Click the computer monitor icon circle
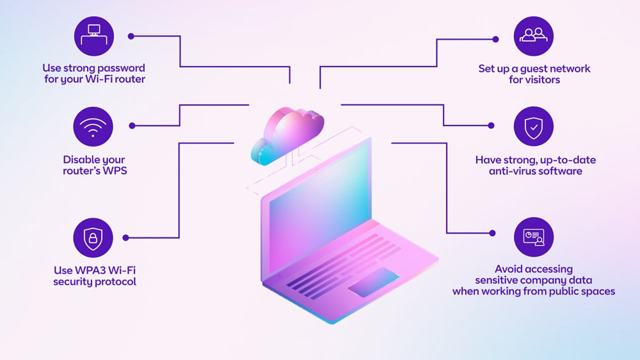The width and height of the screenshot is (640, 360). pyautogui.click(x=94, y=36)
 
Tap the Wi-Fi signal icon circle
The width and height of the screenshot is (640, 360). pyautogui.click(x=93, y=126)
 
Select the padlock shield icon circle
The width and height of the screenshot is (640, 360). pyautogui.click(x=93, y=237)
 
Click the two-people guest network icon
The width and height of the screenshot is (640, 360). pyautogui.click(x=533, y=36)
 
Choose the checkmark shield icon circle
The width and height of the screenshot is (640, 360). pyautogui.click(x=533, y=126)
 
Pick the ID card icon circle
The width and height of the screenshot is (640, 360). pyautogui.click(x=533, y=237)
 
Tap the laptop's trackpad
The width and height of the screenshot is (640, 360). pyautogui.click(x=373, y=282)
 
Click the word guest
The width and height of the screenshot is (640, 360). pyautogui.click(x=533, y=68)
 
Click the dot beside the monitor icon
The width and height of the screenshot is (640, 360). pyautogui.click(x=131, y=36)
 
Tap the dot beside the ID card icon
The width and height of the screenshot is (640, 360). pyautogui.click(x=492, y=233)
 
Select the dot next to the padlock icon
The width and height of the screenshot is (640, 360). pyautogui.click(x=125, y=237)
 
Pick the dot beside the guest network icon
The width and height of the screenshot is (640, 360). pyautogui.click(x=495, y=39)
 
